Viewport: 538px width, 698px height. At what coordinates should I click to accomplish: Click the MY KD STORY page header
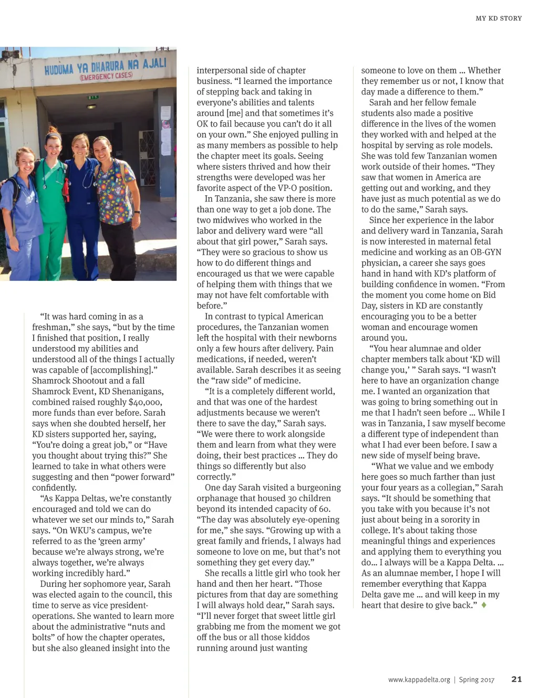tap(499, 18)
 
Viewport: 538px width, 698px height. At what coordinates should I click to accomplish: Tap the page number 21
tap(516, 679)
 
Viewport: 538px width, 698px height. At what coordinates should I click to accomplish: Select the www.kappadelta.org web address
tap(419, 680)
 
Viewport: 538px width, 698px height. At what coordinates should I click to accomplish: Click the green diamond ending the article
tap(484, 605)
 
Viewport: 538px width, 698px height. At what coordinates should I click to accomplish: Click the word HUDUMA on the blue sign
tap(59, 69)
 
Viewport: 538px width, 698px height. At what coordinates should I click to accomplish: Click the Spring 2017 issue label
tap(477, 680)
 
